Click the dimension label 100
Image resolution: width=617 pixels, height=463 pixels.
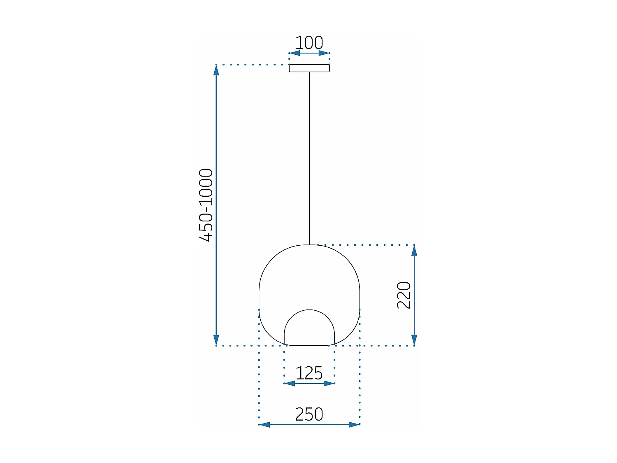(309, 43)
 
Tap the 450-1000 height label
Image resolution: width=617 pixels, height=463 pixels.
(206, 205)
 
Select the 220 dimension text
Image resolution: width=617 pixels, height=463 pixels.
(404, 295)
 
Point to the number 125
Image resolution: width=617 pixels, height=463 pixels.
(309, 373)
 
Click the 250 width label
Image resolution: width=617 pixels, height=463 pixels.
(309, 414)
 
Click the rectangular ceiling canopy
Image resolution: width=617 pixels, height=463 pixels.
(309, 68)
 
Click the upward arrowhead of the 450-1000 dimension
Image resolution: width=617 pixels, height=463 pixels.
(216, 70)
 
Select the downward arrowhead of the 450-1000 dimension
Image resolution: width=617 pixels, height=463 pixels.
(216, 340)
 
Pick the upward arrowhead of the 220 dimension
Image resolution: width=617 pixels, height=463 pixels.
(414, 251)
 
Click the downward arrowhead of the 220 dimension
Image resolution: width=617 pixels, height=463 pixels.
(414, 340)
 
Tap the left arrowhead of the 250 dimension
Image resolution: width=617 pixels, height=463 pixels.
(264, 424)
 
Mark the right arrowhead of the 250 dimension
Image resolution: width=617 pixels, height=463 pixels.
(354, 424)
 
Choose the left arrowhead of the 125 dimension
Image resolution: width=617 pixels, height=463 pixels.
(290, 384)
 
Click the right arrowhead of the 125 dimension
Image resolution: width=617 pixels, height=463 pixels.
(329, 384)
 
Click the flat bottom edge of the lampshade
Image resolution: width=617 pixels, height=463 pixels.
(309, 345)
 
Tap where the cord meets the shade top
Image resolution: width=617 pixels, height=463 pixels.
(309, 245)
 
